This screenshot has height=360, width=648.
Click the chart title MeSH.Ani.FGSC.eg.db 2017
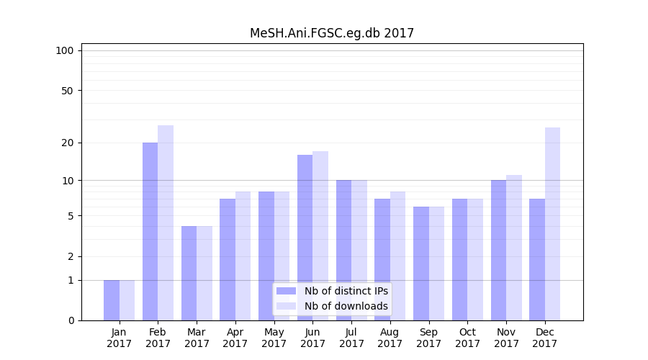click(332, 33)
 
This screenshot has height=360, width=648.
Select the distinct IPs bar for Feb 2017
click(150, 231)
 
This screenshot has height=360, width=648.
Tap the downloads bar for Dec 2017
click(552, 224)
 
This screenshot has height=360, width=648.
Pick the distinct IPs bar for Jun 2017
click(305, 238)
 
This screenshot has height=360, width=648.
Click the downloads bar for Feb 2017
click(166, 222)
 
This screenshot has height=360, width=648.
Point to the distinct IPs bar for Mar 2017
click(189, 273)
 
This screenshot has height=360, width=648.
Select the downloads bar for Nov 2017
click(514, 248)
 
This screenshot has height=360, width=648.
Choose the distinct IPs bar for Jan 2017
click(112, 300)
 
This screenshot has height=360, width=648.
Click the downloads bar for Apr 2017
click(243, 256)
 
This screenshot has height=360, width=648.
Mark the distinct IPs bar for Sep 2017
click(421, 264)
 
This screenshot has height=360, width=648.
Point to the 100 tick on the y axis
click(65, 50)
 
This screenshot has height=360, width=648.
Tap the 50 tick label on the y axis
click(67, 91)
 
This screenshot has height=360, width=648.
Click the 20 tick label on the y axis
click(67, 143)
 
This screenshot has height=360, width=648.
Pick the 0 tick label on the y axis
click(71, 320)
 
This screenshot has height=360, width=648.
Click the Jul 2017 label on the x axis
click(351, 338)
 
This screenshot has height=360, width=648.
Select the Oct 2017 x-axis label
click(467, 338)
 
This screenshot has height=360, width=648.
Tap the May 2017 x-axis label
click(274, 338)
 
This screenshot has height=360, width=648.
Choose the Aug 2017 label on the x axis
click(390, 338)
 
